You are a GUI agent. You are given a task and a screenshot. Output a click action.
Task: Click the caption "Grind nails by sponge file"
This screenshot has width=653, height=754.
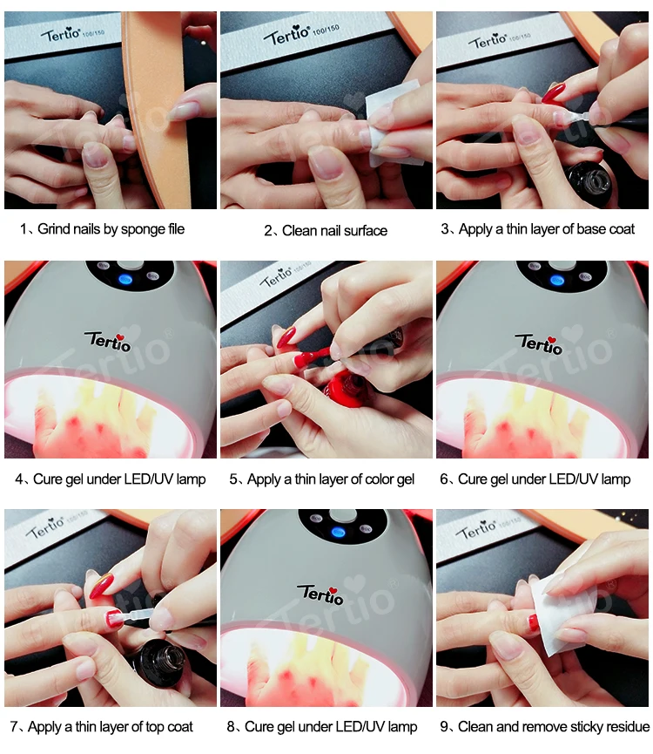coord(111,229)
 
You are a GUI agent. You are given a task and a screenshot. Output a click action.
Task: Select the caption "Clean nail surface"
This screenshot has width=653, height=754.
coord(334,231)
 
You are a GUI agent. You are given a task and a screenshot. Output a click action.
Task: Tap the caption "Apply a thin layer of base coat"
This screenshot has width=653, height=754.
coord(547,229)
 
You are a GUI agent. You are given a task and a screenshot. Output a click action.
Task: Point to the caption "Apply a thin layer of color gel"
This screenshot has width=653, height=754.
coord(331,479)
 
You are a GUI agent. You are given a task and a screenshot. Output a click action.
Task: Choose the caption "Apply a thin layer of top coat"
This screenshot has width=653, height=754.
coord(111,727)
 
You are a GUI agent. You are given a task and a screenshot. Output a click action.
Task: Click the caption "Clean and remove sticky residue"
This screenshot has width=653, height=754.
coord(554,726)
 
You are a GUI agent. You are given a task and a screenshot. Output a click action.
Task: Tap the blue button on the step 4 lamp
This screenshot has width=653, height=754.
coord(125,278)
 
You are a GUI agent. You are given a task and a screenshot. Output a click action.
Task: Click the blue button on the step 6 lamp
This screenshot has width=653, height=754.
coord(557,280)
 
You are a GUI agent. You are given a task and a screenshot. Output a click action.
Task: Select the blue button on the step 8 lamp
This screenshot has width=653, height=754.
coord(339,532)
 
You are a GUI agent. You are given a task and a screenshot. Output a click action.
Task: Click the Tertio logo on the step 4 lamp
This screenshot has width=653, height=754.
coord(108,341)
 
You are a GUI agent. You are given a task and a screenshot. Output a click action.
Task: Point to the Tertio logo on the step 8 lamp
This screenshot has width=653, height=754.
coord(320,594)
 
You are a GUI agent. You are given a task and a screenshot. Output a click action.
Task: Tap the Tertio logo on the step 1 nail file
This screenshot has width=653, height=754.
coord(60,34)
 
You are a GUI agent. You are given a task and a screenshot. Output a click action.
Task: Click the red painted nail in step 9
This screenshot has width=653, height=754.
coord(533,622)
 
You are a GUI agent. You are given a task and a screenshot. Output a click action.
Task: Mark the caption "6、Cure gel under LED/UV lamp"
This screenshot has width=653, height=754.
coord(535,479)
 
